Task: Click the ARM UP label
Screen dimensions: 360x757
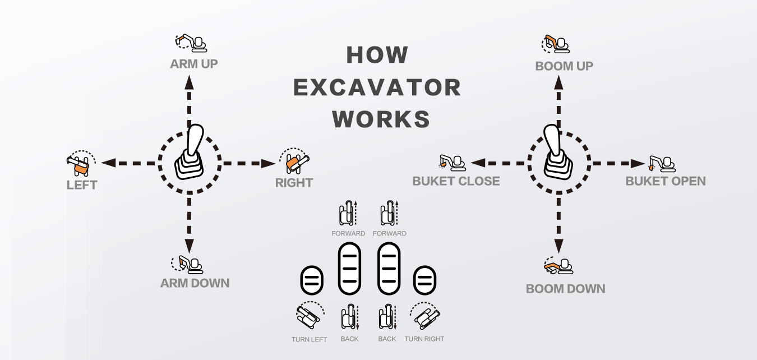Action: click(194, 64)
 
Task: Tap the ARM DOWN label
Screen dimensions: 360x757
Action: click(195, 283)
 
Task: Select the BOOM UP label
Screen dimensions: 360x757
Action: click(564, 66)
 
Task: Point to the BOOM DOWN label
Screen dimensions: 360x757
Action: click(565, 289)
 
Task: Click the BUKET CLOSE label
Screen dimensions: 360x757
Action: click(456, 181)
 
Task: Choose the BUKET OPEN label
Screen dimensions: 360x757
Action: click(666, 181)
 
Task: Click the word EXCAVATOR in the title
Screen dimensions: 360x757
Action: click(377, 87)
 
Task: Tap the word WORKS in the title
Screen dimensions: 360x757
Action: click(381, 119)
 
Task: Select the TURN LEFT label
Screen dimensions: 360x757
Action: click(309, 339)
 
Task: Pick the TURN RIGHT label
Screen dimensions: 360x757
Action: click(424, 339)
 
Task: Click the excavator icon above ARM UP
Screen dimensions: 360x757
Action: click(191, 43)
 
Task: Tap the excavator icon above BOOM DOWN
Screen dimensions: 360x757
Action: click(558, 266)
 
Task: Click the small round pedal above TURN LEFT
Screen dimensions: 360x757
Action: click(311, 280)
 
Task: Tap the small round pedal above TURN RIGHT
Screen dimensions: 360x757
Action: click(425, 280)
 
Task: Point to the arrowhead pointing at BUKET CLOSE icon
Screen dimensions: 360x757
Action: click(478, 163)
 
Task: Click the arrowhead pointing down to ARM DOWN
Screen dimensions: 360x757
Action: click(190, 245)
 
